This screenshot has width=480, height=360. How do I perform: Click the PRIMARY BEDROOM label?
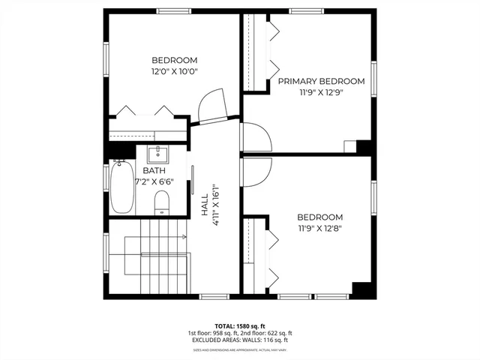pyautogui.click(x=321, y=81)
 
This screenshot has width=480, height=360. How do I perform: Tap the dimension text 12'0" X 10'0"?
pyautogui.click(x=174, y=71)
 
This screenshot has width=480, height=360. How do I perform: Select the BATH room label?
pyautogui.click(x=145, y=171)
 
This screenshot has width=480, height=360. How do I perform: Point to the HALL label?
pyautogui.click(x=204, y=207)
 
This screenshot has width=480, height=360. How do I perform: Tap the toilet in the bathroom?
pyautogui.click(x=161, y=202)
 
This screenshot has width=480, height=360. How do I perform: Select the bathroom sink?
pyautogui.click(x=157, y=155)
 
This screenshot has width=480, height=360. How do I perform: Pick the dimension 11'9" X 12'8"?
pyautogui.click(x=320, y=228)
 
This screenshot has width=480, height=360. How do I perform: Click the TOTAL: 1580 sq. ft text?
pyautogui.click(x=240, y=325)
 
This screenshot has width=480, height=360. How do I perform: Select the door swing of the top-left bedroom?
pyautogui.click(x=211, y=106)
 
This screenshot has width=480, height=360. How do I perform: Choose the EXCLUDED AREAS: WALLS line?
pyautogui.click(x=240, y=340)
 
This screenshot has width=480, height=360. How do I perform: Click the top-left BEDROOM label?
pyautogui.click(x=174, y=61)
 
